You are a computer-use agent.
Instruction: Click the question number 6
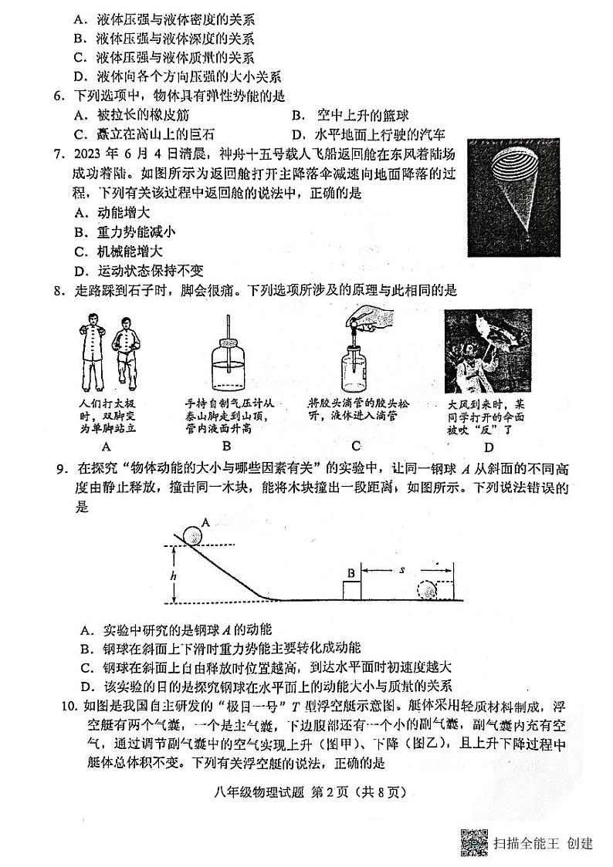pos(57,96)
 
